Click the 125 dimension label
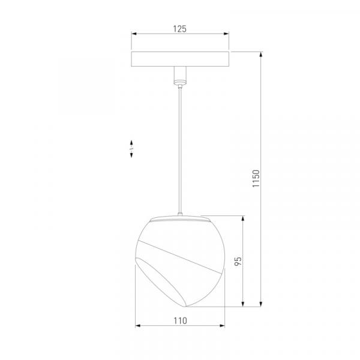(179, 29)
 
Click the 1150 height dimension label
(256, 179)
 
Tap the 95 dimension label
(238, 261)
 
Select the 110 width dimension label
(180, 321)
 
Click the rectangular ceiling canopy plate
(180, 59)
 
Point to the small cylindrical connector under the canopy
(180, 76)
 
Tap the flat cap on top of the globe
(180, 219)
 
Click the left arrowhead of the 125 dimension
(134, 34)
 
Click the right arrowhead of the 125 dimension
(226, 34)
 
